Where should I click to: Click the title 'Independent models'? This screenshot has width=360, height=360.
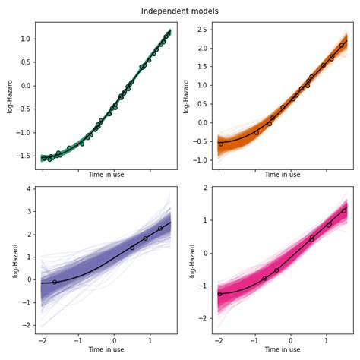pos(180,11)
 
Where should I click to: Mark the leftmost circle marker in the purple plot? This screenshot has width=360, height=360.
pos(55,282)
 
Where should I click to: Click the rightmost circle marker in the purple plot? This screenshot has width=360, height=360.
pos(160,228)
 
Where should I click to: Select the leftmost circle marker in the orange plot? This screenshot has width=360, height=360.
pos(221,144)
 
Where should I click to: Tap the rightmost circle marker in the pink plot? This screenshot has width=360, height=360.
pos(344,210)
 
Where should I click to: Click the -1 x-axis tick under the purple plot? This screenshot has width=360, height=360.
pos(78,341)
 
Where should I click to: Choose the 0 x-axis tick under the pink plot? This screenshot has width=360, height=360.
pos(291,341)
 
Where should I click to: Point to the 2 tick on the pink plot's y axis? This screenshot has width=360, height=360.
pos(205,188)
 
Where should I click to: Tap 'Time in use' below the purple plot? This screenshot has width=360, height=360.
pos(106,349)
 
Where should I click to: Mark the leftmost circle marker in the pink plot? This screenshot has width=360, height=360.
pos(219,293)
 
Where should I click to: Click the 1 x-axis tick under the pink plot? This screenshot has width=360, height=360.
pos(327,341)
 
